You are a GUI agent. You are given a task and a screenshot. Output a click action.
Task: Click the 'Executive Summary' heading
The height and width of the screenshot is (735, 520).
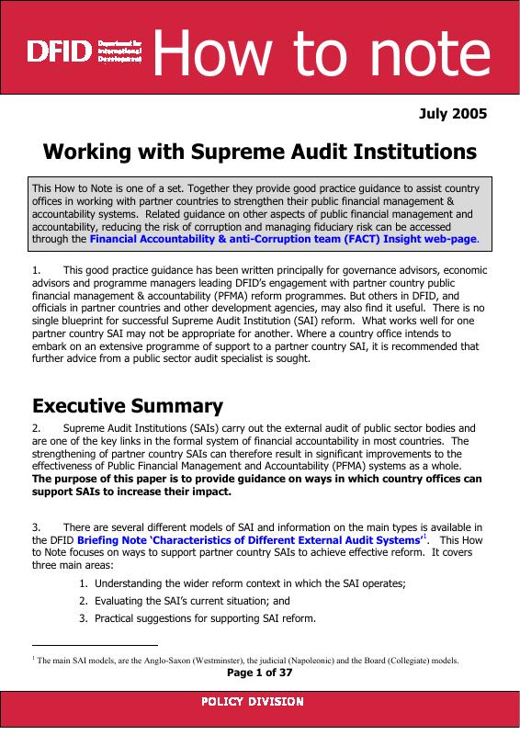(x=127, y=405)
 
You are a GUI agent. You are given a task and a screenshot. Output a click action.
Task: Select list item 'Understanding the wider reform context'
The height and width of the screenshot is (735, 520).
(x=249, y=583)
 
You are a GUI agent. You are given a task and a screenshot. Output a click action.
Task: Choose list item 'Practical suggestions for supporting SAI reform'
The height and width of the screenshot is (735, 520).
(x=205, y=617)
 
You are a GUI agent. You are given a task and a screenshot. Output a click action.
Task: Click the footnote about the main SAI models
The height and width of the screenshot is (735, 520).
(x=245, y=661)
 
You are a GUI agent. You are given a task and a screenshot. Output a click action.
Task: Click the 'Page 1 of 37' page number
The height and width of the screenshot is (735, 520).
(x=259, y=673)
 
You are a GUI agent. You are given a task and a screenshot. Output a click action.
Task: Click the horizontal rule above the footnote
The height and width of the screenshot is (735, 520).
(x=95, y=646)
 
